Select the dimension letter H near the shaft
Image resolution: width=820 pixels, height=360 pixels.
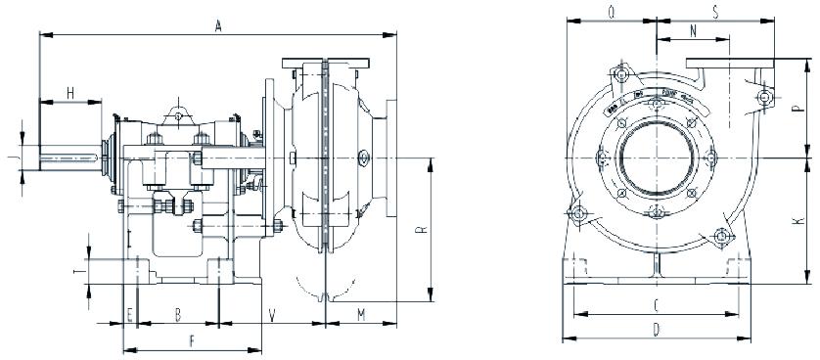click(x=70, y=92)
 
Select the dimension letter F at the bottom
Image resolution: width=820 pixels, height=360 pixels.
click(x=192, y=341)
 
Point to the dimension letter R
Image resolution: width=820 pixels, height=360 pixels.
click(x=420, y=232)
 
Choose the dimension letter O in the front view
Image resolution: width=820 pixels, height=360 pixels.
click(x=612, y=14)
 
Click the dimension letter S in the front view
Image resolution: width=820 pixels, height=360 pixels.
click(x=715, y=14)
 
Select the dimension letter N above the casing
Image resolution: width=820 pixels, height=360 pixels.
click(x=693, y=32)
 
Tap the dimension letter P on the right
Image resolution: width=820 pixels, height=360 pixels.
click(x=799, y=110)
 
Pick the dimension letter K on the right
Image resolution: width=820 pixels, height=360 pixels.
click(x=799, y=221)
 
